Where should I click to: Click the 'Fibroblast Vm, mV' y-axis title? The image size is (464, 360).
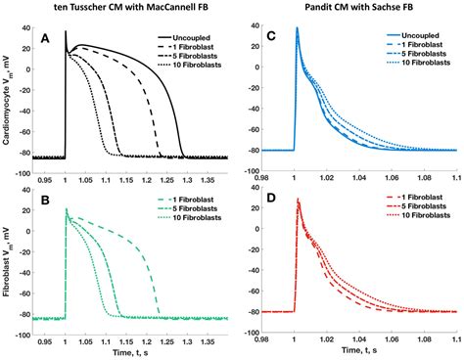pyautogui.click(x=8, y=259)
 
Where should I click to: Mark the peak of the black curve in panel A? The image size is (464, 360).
pyautogui.click(x=66, y=32)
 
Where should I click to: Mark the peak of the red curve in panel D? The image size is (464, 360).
pyautogui.click(x=297, y=200)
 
